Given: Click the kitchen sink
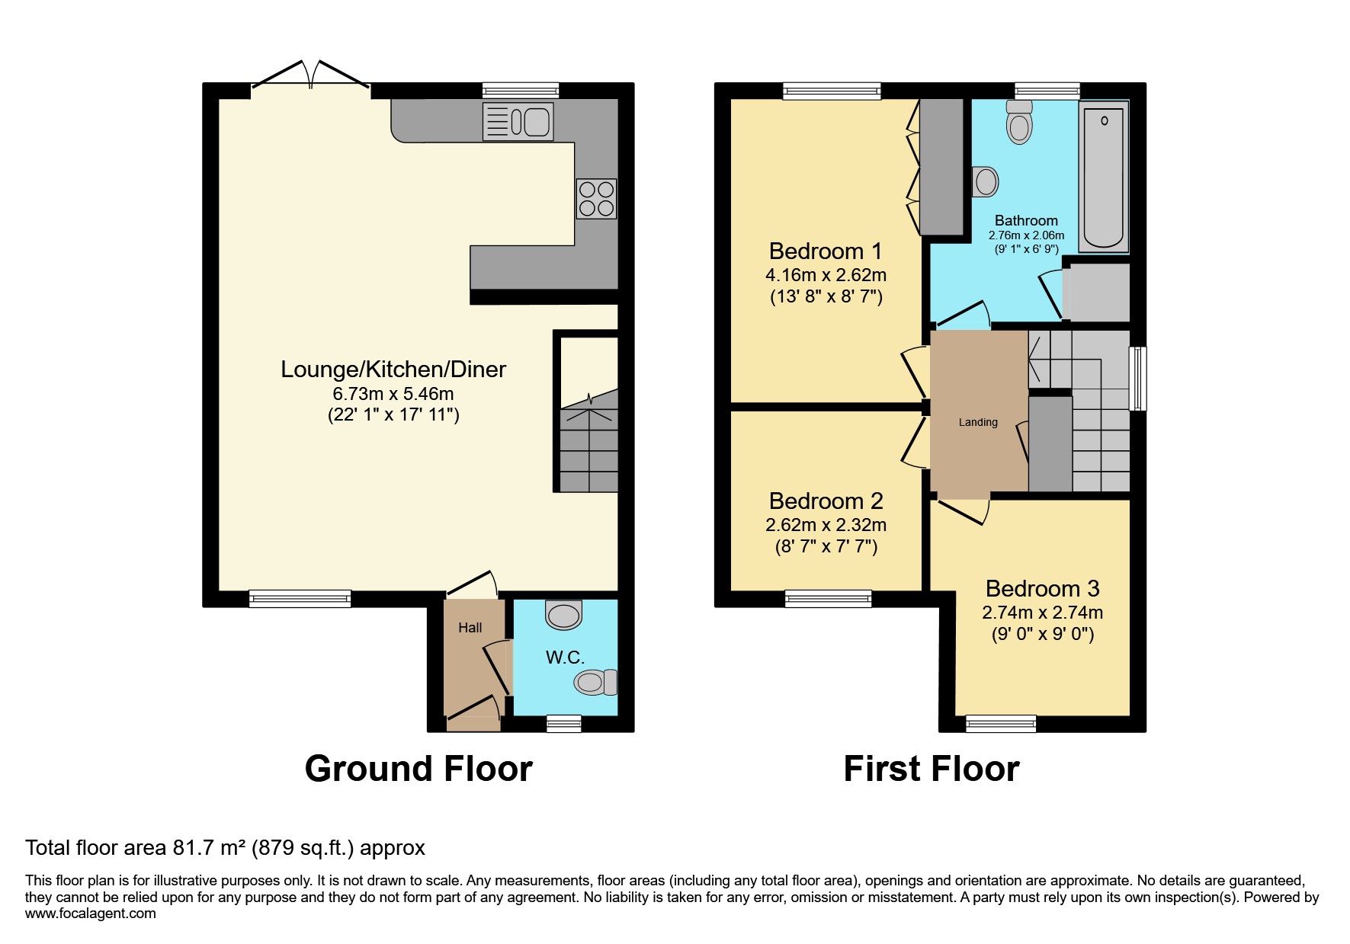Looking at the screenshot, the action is [x=518, y=121].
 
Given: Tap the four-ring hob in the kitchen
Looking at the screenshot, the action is [x=596, y=198].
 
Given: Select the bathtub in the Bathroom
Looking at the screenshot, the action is [x=1103, y=176].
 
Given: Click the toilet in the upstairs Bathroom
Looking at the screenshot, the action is [x=1019, y=123].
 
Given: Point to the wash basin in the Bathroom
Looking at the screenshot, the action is [x=985, y=182].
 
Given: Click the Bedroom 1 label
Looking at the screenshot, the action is [x=826, y=251].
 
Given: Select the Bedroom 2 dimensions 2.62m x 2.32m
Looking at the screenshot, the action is [x=826, y=525].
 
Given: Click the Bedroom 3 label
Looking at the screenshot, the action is [x=1042, y=588].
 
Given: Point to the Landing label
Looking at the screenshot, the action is [x=978, y=422].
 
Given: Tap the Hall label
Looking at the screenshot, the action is [x=470, y=628].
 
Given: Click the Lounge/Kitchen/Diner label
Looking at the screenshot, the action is [x=393, y=370].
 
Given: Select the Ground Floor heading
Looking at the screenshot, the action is [x=418, y=769].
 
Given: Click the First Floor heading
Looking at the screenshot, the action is [x=932, y=769].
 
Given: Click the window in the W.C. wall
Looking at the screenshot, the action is [x=564, y=724].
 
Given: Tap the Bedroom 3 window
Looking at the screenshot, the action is [x=1001, y=724].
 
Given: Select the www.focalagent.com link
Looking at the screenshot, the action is [x=91, y=914].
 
